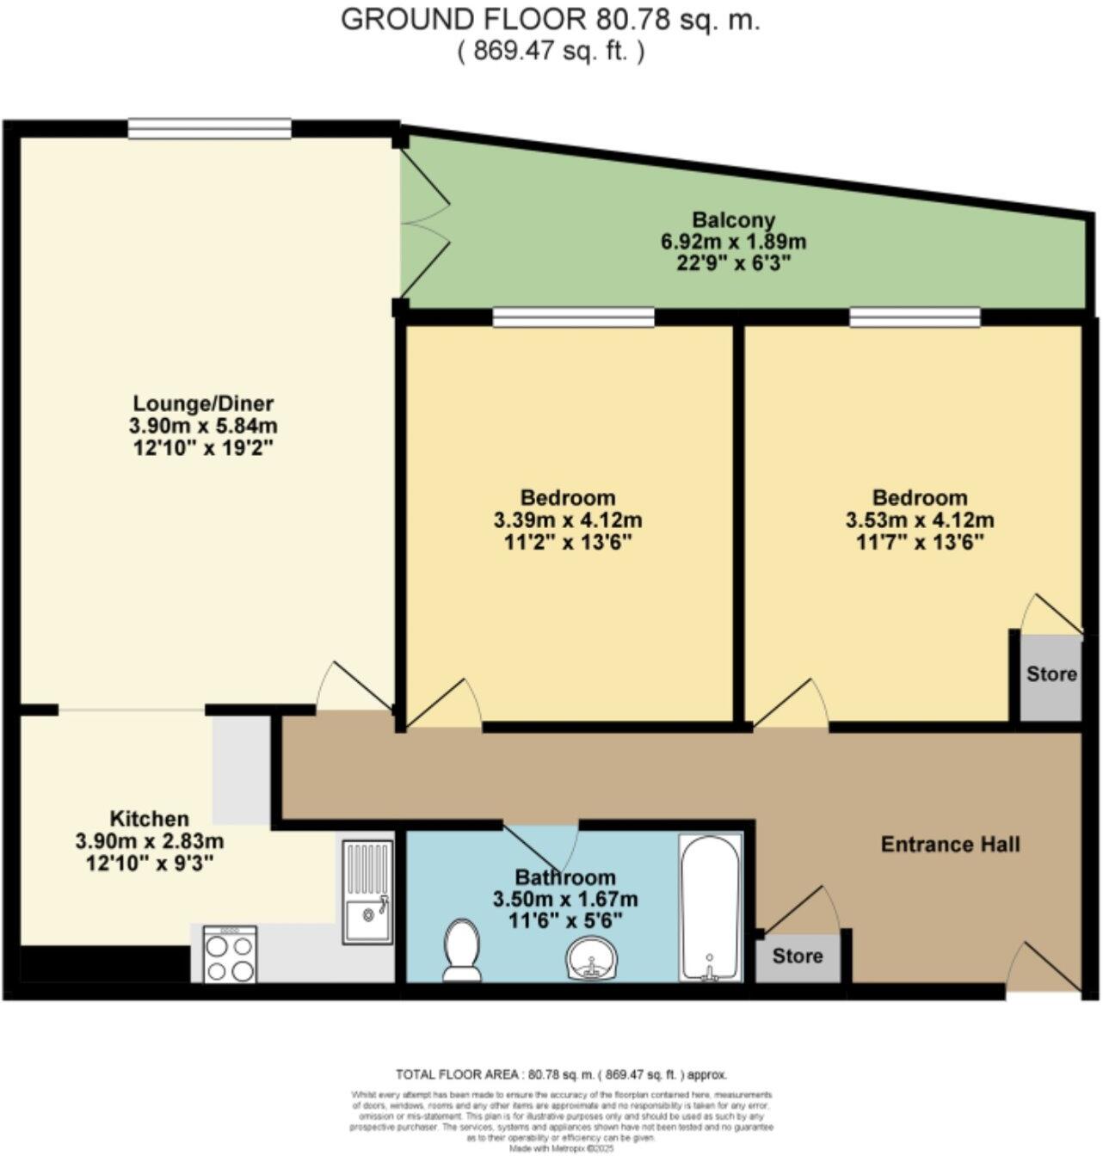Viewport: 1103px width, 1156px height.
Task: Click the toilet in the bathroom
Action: click(462, 950)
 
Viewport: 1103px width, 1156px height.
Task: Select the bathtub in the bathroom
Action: click(710, 907)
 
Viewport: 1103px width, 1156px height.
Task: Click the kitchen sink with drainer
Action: click(367, 892)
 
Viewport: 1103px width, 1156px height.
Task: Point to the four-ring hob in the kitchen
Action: click(231, 954)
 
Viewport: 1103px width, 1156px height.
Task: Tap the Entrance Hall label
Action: click(950, 845)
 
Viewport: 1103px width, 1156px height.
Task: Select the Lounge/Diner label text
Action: click(203, 403)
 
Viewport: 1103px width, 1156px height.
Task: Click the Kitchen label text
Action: click(149, 819)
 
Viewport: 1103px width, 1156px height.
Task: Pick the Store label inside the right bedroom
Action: click(1051, 673)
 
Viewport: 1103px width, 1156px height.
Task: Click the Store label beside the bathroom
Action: click(797, 956)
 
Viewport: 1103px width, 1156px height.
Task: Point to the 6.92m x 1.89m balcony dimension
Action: click(734, 242)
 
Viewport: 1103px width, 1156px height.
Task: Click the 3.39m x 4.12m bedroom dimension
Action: click(568, 520)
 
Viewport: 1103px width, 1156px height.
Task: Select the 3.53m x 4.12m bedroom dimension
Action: click(920, 520)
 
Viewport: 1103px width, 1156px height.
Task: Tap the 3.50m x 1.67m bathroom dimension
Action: click(565, 900)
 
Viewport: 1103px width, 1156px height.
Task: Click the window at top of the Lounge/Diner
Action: click(210, 129)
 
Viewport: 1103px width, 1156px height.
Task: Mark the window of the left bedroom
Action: click(573, 318)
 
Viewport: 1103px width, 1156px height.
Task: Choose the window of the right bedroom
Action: click(915, 318)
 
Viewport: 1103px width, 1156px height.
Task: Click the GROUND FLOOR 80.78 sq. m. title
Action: click(551, 20)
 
